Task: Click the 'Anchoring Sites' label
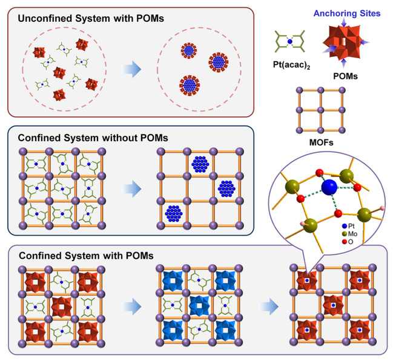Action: [347, 13]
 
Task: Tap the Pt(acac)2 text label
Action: [291, 65]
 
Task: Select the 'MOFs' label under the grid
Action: [322, 142]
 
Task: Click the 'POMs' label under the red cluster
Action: [345, 76]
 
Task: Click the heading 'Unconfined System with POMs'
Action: [91, 19]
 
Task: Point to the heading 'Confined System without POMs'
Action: [93, 138]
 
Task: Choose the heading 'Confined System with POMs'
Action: [86, 256]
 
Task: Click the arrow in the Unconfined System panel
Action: [131, 69]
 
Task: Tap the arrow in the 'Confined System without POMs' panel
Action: [131, 188]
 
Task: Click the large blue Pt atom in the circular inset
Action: [329, 187]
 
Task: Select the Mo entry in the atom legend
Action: [349, 234]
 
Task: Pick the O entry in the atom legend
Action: [348, 242]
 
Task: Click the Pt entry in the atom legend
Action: [348, 226]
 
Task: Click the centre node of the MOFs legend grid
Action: [321, 110]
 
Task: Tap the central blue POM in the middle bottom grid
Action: [199, 305]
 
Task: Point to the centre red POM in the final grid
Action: [333, 305]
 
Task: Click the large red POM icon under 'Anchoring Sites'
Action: [343, 42]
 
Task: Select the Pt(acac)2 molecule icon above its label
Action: [289, 41]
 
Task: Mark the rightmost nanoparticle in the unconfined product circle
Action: [219, 62]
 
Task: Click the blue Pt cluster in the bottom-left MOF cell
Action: [174, 213]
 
